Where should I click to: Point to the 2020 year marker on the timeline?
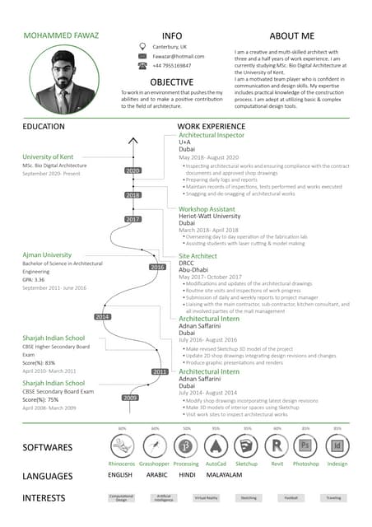133,170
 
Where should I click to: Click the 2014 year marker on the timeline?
103,317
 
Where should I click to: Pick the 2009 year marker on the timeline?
130,398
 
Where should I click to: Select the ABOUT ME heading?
292,36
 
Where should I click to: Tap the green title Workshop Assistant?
207,210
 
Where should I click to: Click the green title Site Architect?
198,257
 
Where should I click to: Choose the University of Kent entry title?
48,156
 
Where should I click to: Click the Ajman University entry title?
47,255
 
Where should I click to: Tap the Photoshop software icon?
305,445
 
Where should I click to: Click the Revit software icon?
277,445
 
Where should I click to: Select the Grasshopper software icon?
155,445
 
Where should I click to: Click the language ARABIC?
156,476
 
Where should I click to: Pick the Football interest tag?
291,498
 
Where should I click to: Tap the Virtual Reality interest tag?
206,498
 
